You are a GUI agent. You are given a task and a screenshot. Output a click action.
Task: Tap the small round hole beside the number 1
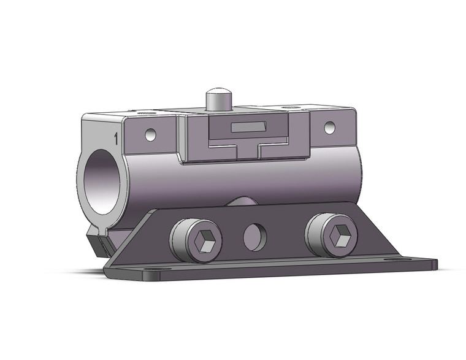click(150, 134)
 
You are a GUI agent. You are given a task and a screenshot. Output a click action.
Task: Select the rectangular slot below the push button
click(247, 128)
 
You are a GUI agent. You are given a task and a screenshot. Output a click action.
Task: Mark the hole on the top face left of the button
click(145, 113)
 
